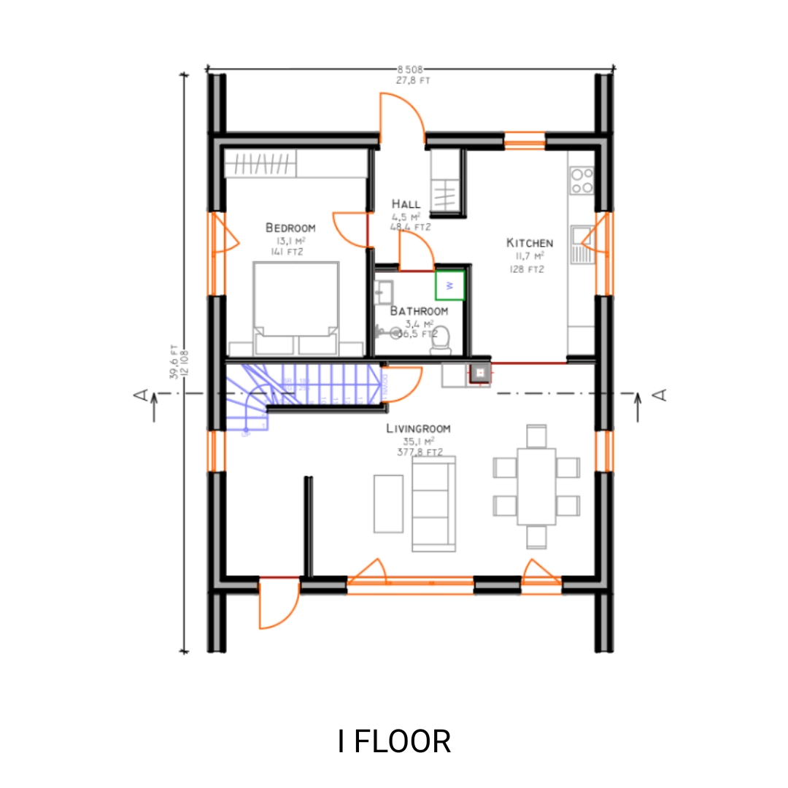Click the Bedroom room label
tap(290, 228)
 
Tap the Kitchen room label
tap(530, 243)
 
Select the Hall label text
tap(406, 204)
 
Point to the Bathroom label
tap(419, 311)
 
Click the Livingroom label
tap(418, 429)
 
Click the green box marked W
tap(450, 285)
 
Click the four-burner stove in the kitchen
tap(582, 180)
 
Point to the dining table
tap(536, 486)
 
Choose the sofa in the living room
tap(433, 503)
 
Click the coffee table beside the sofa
tap(388, 503)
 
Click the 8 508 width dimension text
tap(409, 70)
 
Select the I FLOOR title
tap(394, 741)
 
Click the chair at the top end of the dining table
tap(536, 436)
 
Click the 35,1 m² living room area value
tap(418, 441)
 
